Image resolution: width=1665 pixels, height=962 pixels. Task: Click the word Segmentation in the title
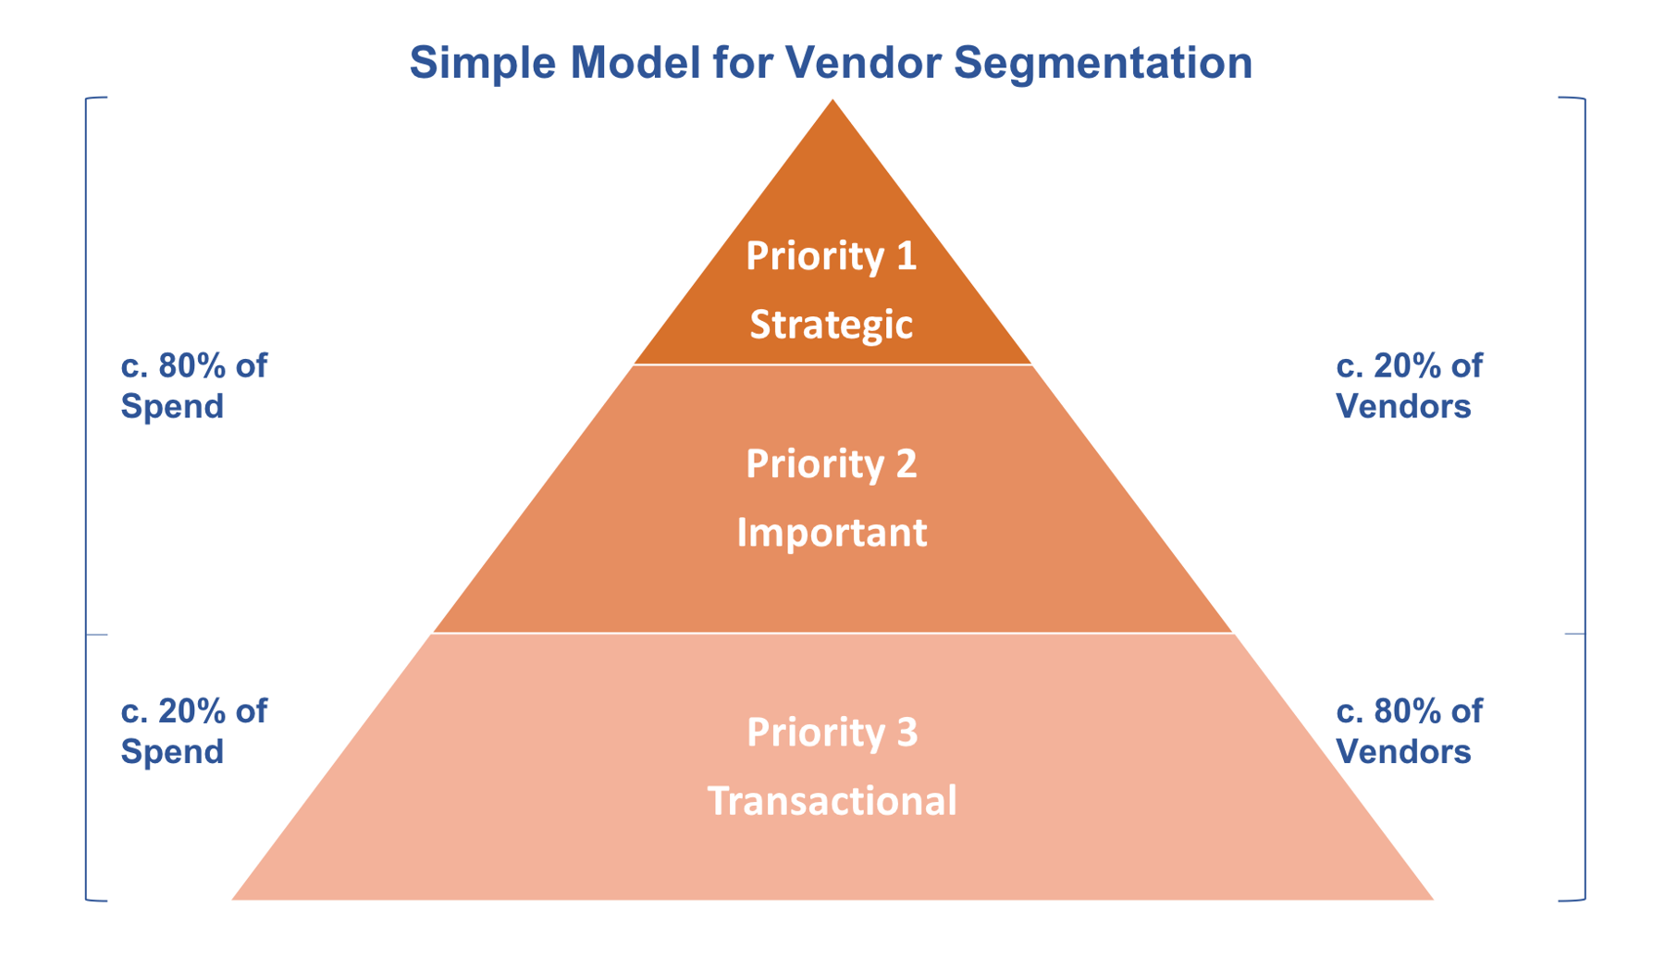(x=1103, y=63)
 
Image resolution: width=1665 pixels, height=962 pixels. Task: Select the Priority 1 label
(x=831, y=256)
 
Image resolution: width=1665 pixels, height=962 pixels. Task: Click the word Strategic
(x=831, y=325)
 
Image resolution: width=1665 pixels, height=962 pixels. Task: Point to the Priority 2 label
(x=831, y=463)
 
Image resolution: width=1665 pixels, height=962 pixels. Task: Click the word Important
(x=831, y=533)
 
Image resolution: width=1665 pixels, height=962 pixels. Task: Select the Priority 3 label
(x=831, y=732)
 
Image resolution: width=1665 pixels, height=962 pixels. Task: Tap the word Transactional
(x=831, y=800)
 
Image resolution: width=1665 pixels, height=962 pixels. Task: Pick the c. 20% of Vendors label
(x=1408, y=386)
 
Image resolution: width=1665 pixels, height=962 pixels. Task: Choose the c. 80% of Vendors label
(x=1408, y=731)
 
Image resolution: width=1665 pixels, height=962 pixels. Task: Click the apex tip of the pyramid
(x=832, y=103)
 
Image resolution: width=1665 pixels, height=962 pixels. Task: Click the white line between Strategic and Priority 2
(x=832, y=364)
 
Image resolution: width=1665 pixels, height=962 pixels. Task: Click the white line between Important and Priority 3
(x=832, y=633)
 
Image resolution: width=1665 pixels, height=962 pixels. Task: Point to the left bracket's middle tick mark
(x=96, y=635)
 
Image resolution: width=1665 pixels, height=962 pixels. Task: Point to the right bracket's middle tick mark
(x=1575, y=634)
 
